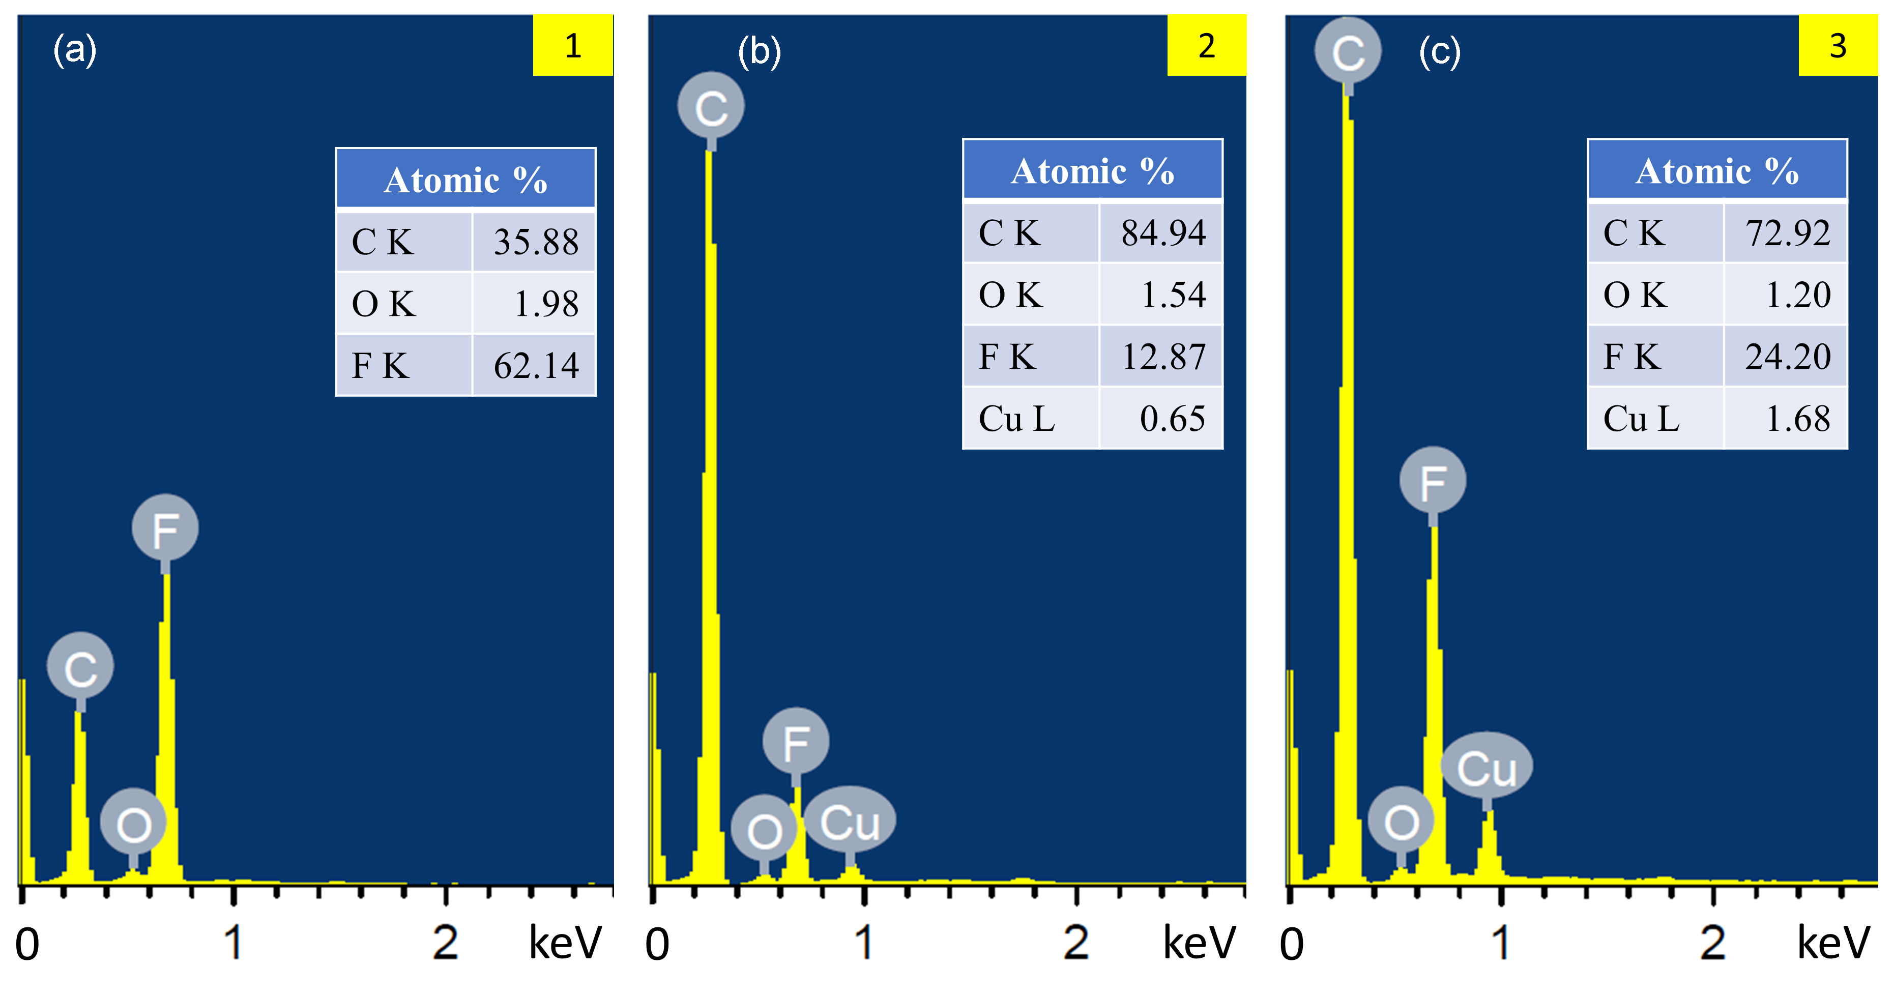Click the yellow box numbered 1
tap(573, 46)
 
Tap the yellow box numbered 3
tap(1838, 46)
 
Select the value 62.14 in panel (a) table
tap(535, 365)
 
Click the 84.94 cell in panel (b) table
tap(1162, 233)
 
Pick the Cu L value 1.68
tap(1797, 418)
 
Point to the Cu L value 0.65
tap(1172, 418)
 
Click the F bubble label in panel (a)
tap(165, 528)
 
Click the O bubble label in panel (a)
tap(133, 823)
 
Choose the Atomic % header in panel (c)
tap(1717, 170)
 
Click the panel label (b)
tap(759, 51)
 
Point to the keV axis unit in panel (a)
tap(565, 943)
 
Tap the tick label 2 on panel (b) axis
tap(1075, 943)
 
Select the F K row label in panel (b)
tap(1007, 357)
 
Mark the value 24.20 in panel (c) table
tap(1787, 357)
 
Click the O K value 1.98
tap(545, 304)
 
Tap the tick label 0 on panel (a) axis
tap(27, 945)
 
